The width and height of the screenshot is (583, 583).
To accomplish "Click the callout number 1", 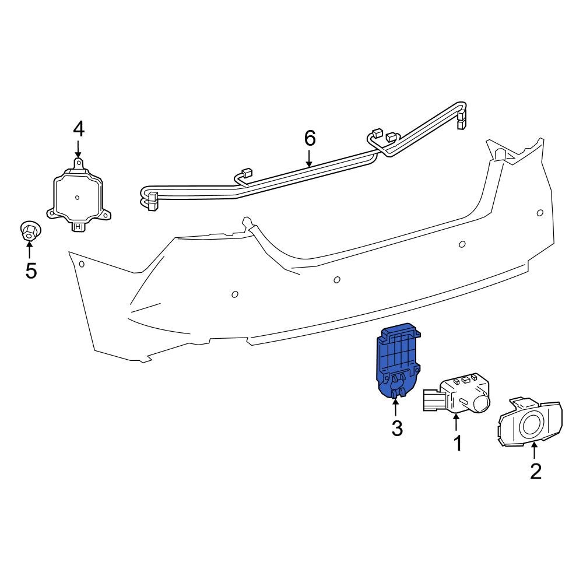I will (458, 443).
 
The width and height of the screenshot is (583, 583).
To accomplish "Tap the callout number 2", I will (535, 470).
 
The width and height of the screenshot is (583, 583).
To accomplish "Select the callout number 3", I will (396, 429).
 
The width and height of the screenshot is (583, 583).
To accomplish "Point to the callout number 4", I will (79, 129).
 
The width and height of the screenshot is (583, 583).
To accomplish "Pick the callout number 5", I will (31, 271).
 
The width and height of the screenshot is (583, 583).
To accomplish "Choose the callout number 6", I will (310, 138).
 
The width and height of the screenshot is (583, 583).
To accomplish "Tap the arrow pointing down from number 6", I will (310, 159).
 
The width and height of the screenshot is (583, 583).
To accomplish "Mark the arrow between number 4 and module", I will (79, 149).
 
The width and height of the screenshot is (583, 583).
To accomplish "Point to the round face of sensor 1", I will (482, 402).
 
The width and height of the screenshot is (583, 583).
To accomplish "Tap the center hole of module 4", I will (78, 197).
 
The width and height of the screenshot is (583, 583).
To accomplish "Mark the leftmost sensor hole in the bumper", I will (82, 265).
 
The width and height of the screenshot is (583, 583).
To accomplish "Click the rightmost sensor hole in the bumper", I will (540, 213).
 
